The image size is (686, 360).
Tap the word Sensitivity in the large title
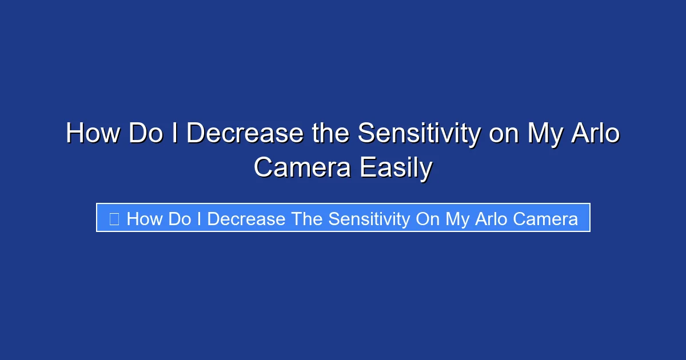tap(419, 134)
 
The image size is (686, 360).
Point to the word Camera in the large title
tap(302, 168)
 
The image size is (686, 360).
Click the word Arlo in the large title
tap(596, 134)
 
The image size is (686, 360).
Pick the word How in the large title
tap(93, 134)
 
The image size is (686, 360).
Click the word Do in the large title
tap(145, 134)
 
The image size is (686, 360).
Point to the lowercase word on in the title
tap(503, 134)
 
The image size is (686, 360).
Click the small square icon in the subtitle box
tap(114, 219)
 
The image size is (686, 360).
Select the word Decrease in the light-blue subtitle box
tap(246, 219)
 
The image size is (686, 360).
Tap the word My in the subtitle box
tap(457, 219)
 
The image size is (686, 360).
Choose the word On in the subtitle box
tap(428, 219)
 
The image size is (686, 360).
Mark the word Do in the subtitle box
tap(180, 219)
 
